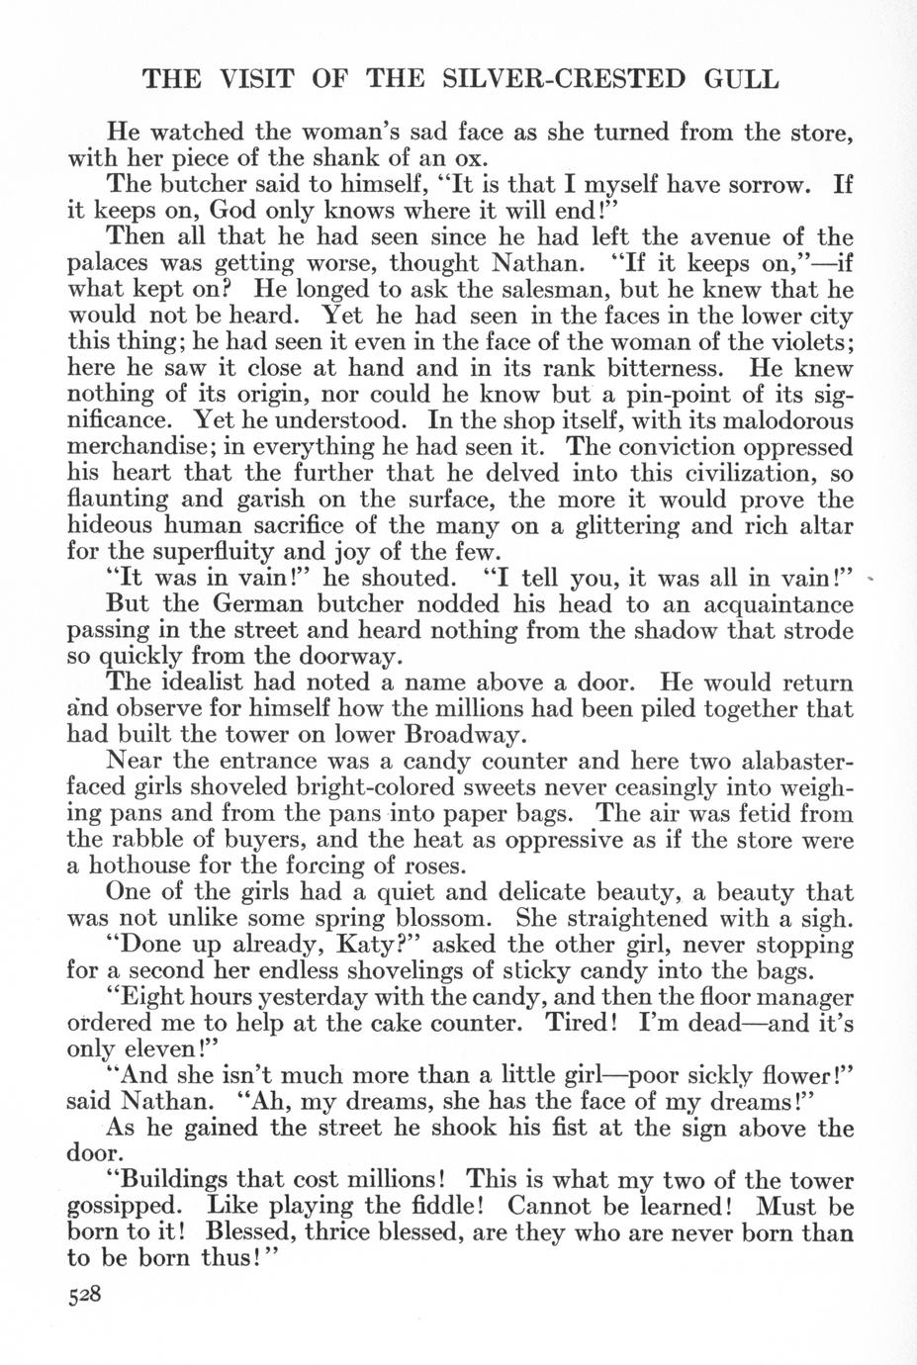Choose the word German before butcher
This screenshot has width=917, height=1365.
click(x=241, y=603)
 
